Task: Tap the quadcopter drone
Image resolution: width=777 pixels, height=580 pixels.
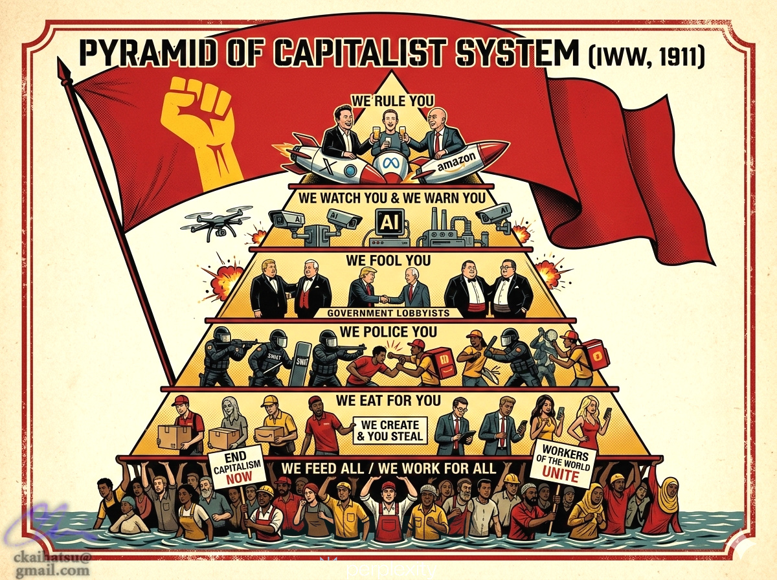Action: (x=216, y=221)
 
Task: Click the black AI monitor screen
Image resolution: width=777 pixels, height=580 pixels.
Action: (x=388, y=221)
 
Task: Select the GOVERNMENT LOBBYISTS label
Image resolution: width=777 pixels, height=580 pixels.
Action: (x=388, y=313)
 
